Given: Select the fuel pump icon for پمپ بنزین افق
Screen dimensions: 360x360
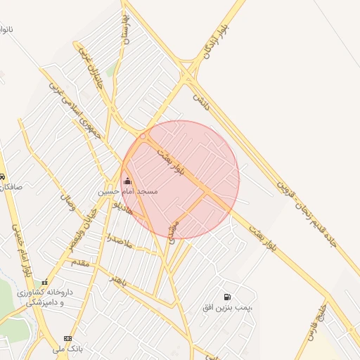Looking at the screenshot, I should (226, 297).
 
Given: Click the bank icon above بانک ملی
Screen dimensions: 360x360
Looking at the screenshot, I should (67, 338).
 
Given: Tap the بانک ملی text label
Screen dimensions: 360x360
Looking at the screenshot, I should (67, 348).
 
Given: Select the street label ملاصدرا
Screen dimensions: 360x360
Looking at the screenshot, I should (119, 239).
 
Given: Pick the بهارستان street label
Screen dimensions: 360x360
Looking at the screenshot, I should (127, 34).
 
